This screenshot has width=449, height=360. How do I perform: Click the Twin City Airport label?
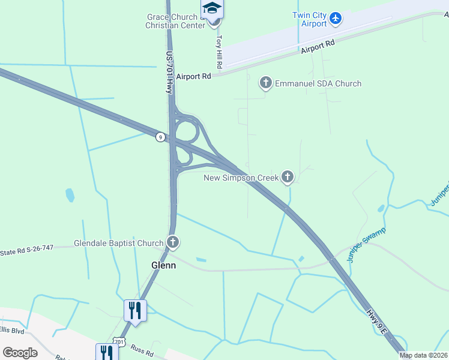click(x=310, y=19)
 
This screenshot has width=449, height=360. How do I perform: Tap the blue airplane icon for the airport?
click(x=336, y=19)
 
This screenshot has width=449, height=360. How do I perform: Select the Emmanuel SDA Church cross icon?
click(x=266, y=83)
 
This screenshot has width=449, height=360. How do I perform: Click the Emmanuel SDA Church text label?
click(x=318, y=83)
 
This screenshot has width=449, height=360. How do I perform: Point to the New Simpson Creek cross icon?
click(x=288, y=176)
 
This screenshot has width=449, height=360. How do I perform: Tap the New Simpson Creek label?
click(x=241, y=178)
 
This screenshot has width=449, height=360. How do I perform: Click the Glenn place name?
click(x=163, y=265)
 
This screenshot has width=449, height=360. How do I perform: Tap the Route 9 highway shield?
click(x=160, y=137)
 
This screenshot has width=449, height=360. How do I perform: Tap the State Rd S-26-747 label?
click(x=27, y=250)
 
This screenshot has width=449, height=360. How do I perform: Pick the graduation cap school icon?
click(x=212, y=8)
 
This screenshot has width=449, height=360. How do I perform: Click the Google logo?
click(x=20, y=353)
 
